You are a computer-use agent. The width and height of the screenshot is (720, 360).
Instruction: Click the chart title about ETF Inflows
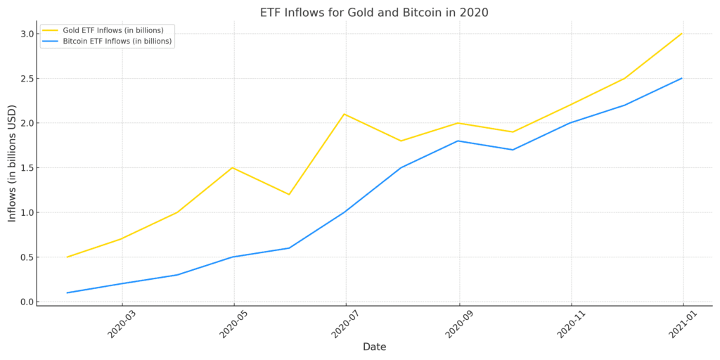pyautogui.click(x=374, y=13)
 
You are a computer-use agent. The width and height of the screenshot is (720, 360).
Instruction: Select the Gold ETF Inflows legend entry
pyautogui.click(x=103, y=30)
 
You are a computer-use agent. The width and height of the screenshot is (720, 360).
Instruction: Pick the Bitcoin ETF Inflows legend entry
pyautogui.click(x=107, y=41)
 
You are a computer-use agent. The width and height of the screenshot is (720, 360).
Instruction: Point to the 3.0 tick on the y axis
pyautogui.click(x=27, y=34)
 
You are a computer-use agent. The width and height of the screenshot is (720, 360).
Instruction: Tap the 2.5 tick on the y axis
pyautogui.click(x=27, y=79)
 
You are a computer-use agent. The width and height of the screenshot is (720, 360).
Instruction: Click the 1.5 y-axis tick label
pyautogui.click(x=27, y=168)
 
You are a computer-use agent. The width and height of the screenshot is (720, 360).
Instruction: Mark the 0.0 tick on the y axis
pyautogui.click(x=27, y=302)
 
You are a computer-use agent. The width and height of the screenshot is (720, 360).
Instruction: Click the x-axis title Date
pyautogui.click(x=374, y=347)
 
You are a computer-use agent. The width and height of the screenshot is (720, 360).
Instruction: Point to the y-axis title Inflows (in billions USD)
pyautogui.click(x=12, y=163)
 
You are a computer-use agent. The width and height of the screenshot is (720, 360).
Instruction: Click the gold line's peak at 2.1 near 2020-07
pyautogui.click(x=345, y=114)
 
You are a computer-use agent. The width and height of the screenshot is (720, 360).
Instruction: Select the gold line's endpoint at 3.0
pyautogui.click(x=681, y=34)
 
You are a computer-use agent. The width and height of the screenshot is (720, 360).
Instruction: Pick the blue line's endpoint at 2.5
pyautogui.click(x=681, y=78)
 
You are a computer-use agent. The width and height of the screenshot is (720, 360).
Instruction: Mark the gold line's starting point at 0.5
pyautogui.click(x=67, y=257)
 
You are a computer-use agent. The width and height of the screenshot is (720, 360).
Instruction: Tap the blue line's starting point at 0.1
pyautogui.click(x=67, y=292)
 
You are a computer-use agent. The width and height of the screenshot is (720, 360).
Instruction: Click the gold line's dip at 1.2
pyautogui.click(x=289, y=194)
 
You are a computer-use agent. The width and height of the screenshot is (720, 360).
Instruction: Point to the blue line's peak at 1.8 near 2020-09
pyautogui.click(x=458, y=141)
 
